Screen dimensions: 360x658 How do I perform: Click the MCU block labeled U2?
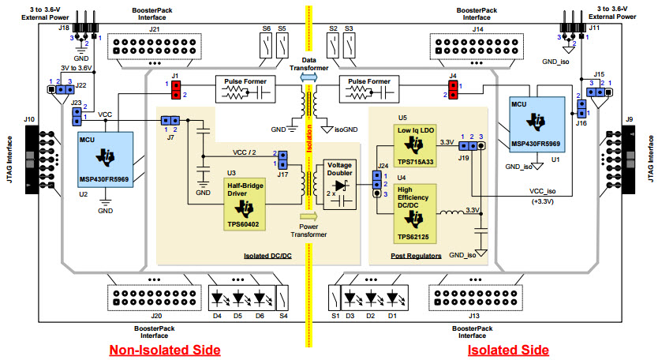(x=105, y=157)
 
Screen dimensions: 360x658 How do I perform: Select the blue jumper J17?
(x=282, y=159)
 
